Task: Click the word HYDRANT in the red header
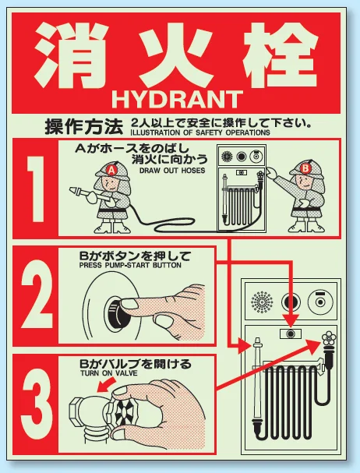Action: [177, 100]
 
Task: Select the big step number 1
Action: [36, 189]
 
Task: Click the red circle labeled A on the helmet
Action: [111, 171]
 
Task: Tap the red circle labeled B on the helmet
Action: [305, 168]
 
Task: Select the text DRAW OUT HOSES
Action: [172, 171]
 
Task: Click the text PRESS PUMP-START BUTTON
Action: [130, 266]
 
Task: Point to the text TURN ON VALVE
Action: [109, 373]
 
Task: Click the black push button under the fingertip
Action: [114, 311]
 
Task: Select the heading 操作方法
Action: [84, 127]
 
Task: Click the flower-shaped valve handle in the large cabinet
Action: [329, 338]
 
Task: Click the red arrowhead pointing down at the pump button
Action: [291, 321]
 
